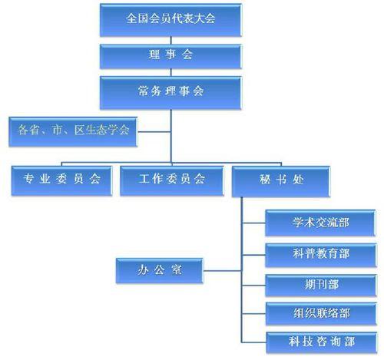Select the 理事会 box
(170, 56)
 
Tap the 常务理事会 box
(170, 91)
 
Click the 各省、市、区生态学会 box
(74, 130)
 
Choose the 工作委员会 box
(172, 179)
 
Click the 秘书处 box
(281, 179)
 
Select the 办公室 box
(160, 270)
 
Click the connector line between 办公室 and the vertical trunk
(223, 270)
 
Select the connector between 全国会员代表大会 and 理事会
(170, 40)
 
